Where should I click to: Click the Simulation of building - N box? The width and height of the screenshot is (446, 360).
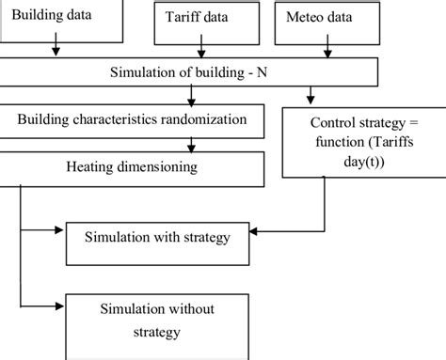coord(188,72)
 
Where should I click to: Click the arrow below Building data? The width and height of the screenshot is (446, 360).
coord(56,49)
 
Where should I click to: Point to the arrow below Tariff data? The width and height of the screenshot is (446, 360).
coord(198,51)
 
